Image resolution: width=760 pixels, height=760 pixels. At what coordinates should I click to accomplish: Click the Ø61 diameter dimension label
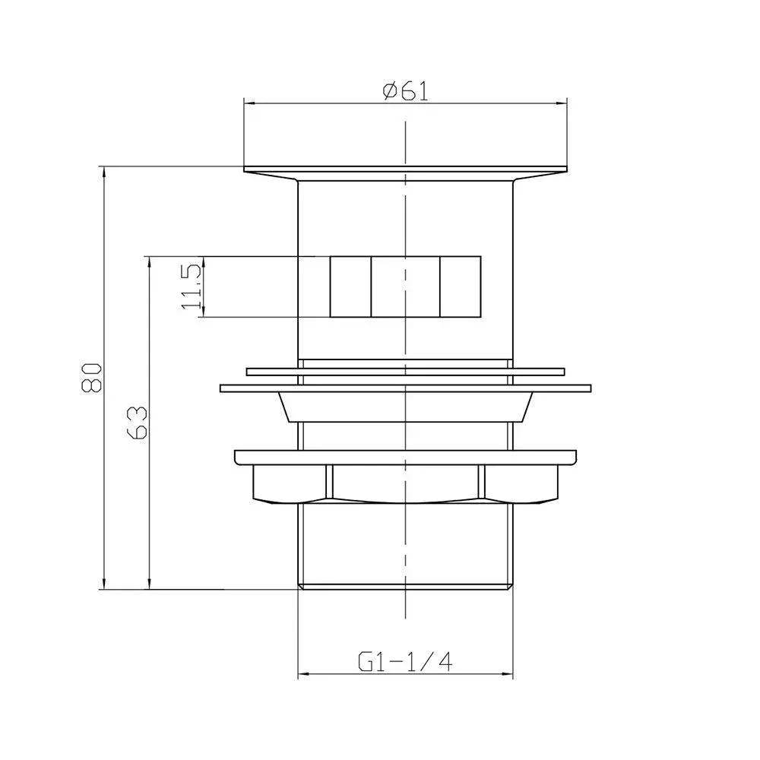(x=406, y=91)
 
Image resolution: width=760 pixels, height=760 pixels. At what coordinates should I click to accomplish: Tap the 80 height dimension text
(x=92, y=377)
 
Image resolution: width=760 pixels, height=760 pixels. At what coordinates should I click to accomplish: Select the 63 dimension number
(x=137, y=423)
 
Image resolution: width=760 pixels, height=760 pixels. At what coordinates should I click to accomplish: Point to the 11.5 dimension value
(x=190, y=287)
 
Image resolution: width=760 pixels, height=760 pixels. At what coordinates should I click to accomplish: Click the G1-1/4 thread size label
(x=405, y=661)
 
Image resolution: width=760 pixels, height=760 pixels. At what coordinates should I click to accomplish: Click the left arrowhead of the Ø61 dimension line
(x=249, y=103)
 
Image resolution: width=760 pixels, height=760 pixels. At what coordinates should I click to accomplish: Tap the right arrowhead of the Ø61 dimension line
(x=562, y=103)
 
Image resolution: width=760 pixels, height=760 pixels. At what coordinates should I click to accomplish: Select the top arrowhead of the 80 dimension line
(x=103, y=172)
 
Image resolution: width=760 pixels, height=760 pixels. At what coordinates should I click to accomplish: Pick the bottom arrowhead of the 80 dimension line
(x=103, y=584)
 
